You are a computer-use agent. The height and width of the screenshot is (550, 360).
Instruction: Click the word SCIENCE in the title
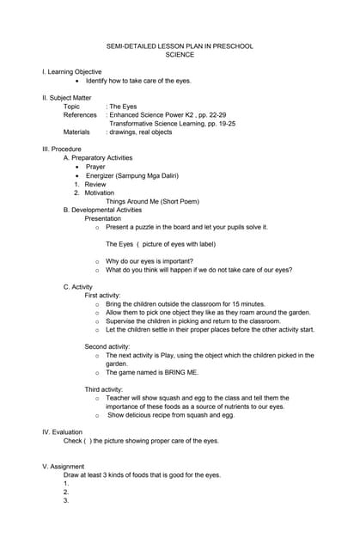coord(180,55)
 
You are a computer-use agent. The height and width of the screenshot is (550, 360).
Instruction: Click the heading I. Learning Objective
coord(72,72)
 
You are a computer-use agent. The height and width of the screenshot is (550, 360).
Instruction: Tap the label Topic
coord(72,107)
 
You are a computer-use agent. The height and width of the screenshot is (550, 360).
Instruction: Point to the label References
coord(80,115)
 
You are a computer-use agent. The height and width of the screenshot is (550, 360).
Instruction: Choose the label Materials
coord(78,132)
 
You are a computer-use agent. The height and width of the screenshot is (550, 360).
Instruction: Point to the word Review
coord(95,184)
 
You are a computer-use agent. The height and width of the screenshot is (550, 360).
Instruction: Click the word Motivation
coord(100,192)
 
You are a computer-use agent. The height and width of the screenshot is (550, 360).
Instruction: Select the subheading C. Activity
coord(78,286)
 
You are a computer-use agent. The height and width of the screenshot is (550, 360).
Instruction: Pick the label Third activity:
coord(104,389)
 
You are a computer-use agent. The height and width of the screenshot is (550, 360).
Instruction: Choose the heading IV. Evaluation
coord(63,432)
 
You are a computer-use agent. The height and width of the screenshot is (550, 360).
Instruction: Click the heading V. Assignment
coord(64,467)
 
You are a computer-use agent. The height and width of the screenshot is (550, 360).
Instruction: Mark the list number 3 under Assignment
coord(66,501)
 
